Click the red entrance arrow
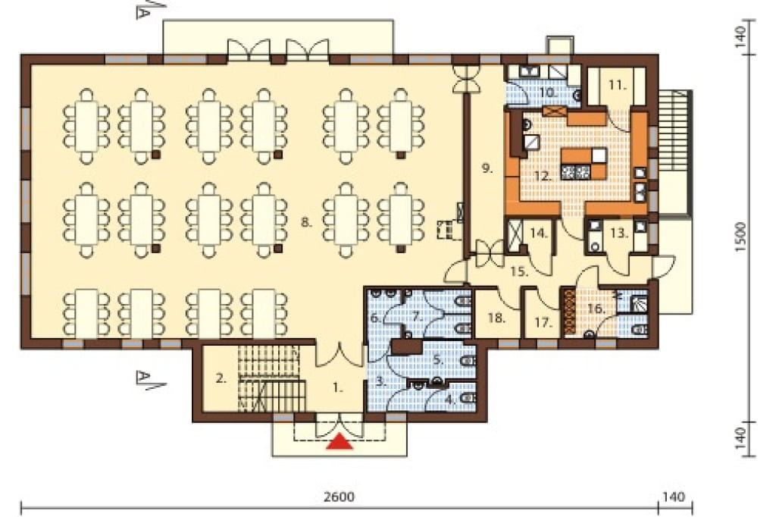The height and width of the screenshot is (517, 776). pyautogui.click(x=340, y=442)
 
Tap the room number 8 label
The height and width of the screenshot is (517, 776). pyautogui.click(x=307, y=222)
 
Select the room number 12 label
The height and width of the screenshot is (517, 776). pyautogui.click(x=543, y=176)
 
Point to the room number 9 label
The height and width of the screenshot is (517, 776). pyautogui.click(x=487, y=168)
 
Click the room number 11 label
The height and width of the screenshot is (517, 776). pyautogui.click(x=617, y=85)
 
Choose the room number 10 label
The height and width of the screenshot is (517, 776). pyautogui.click(x=549, y=92)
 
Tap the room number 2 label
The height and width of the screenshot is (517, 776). pyautogui.click(x=221, y=379)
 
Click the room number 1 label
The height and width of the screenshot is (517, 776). pyautogui.click(x=337, y=388)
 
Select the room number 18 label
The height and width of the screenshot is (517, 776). pyautogui.click(x=496, y=318)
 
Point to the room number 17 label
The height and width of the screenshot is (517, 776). pyautogui.click(x=543, y=323)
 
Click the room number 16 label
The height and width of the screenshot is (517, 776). pyautogui.click(x=596, y=309)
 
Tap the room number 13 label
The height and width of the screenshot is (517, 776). pyautogui.click(x=619, y=233)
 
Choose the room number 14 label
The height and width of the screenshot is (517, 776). pyautogui.click(x=539, y=233)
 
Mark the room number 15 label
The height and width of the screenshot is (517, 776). pyautogui.click(x=520, y=271)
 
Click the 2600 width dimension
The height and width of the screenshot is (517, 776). pyautogui.click(x=339, y=497)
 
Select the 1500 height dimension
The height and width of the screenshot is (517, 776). pyautogui.click(x=740, y=237)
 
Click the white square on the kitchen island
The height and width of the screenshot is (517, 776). pyautogui.click(x=599, y=155)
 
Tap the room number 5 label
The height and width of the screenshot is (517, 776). pyautogui.click(x=437, y=359)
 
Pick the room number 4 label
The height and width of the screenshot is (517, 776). pyautogui.click(x=450, y=399)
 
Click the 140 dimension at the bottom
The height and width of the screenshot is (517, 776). pyautogui.click(x=674, y=497)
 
